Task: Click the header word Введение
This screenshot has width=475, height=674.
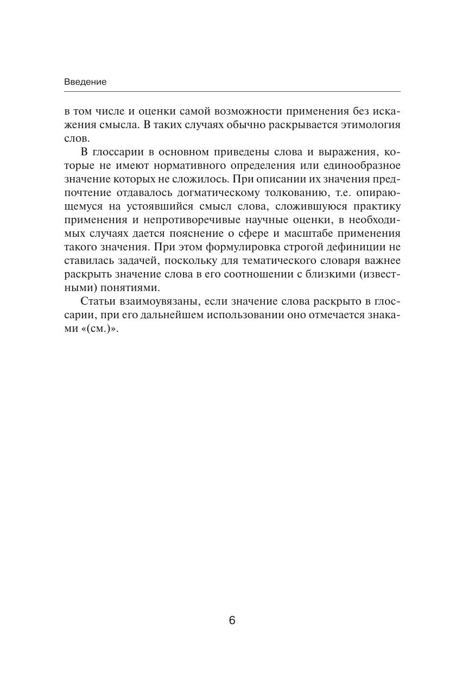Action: (85, 82)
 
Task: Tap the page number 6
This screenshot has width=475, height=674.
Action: (232, 620)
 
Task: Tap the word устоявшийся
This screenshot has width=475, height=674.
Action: (166, 206)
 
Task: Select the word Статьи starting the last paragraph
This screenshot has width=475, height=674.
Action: (96, 301)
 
